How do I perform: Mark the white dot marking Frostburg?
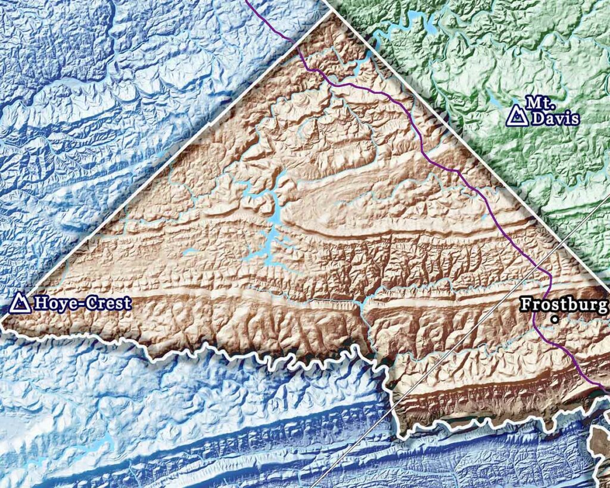(555, 319)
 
